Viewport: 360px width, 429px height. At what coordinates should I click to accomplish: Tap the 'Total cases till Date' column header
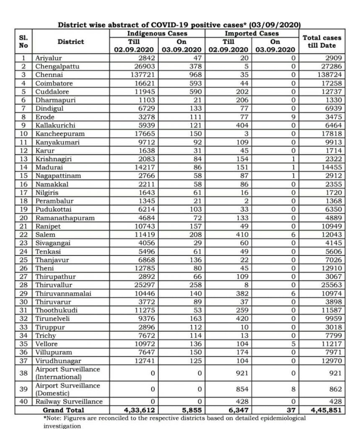[x=322, y=41]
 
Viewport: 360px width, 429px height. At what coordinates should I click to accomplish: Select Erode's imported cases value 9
[x=293, y=117]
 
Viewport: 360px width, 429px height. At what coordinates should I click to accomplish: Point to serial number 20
[x=24, y=218]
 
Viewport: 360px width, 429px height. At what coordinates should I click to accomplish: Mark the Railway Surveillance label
[x=69, y=402]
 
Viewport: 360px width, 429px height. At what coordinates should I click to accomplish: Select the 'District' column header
[x=71, y=41]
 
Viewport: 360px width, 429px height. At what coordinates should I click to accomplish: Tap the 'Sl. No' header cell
[x=24, y=41]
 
